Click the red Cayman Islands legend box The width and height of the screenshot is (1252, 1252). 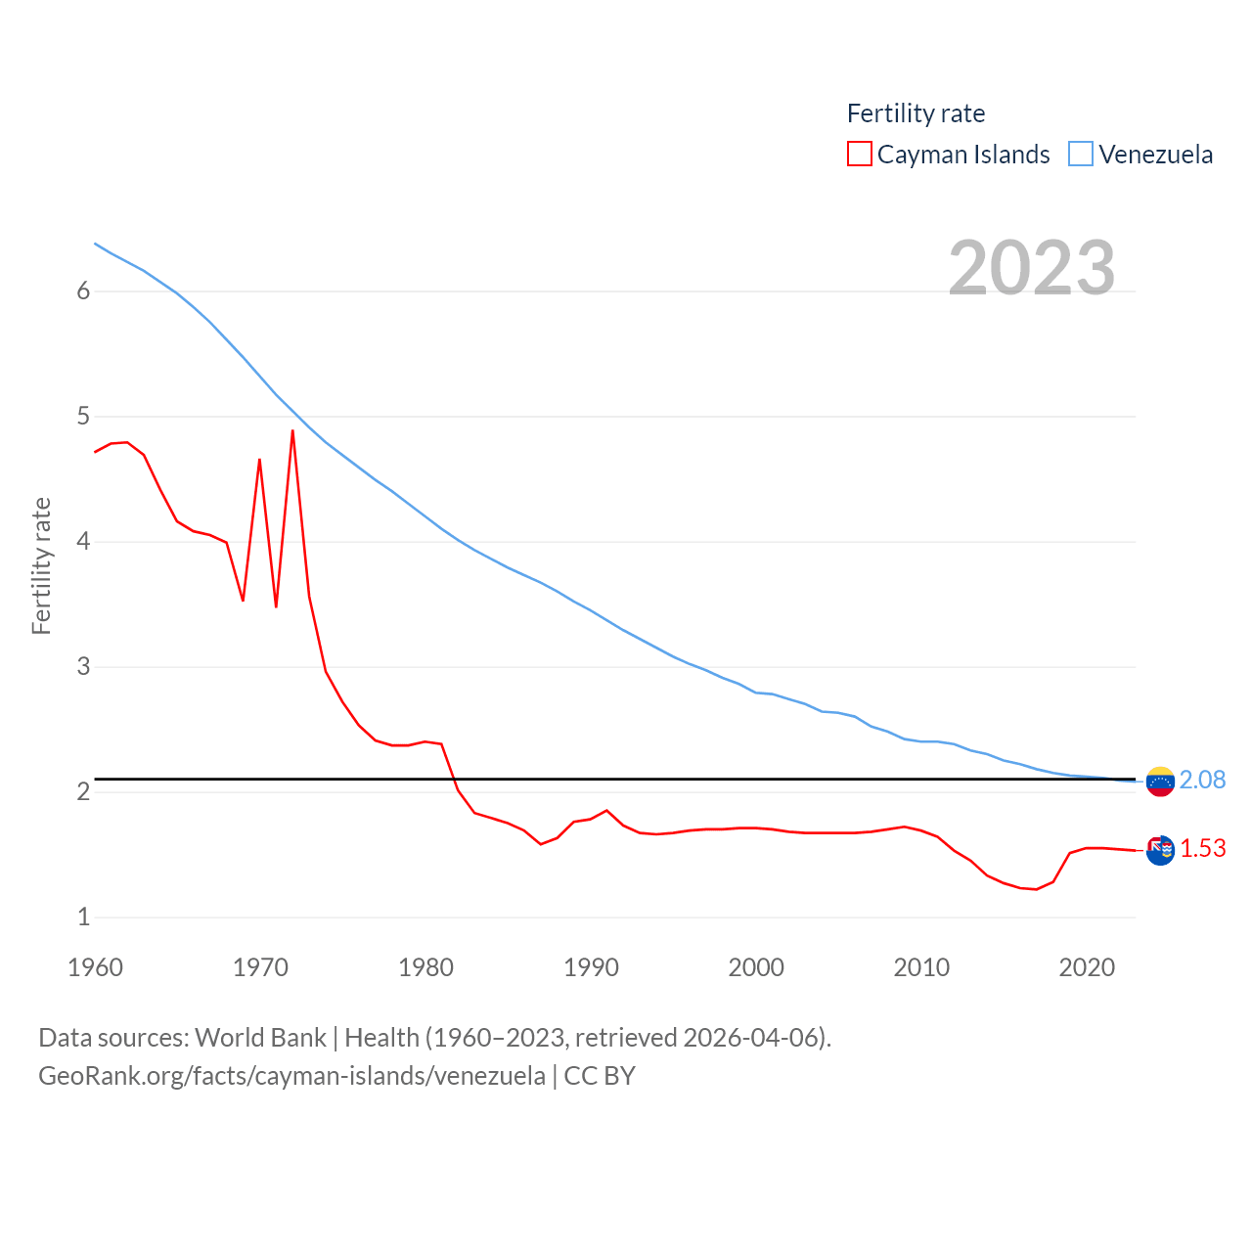[859, 155]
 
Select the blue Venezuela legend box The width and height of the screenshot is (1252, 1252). [1080, 155]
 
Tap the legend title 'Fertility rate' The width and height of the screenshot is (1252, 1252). [916, 113]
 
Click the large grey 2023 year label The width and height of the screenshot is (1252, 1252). [1032, 267]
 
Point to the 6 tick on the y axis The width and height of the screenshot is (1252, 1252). [83, 291]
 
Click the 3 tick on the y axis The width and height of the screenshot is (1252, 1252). [83, 666]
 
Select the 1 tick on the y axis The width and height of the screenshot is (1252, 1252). [83, 917]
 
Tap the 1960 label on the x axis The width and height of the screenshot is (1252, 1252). [95, 967]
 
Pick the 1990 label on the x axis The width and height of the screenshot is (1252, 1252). [591, 967]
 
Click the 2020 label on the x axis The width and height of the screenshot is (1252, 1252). [1087, 967]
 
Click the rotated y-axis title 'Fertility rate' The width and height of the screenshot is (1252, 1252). [41, 565]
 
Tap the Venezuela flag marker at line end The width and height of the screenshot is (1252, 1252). [1160, 782]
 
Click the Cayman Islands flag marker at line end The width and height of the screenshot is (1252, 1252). [1160, 851]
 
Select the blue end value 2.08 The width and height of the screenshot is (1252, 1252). [1202, 780]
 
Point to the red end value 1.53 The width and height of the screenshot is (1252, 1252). [1202, 848]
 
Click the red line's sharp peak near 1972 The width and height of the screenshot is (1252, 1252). [292, 431]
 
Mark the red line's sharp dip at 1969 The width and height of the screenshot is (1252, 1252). [243, 600]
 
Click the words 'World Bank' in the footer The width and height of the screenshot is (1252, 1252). [260, 1037]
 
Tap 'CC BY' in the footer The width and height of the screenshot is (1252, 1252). [600, 1076]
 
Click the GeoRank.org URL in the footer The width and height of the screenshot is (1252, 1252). [291, 1076]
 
